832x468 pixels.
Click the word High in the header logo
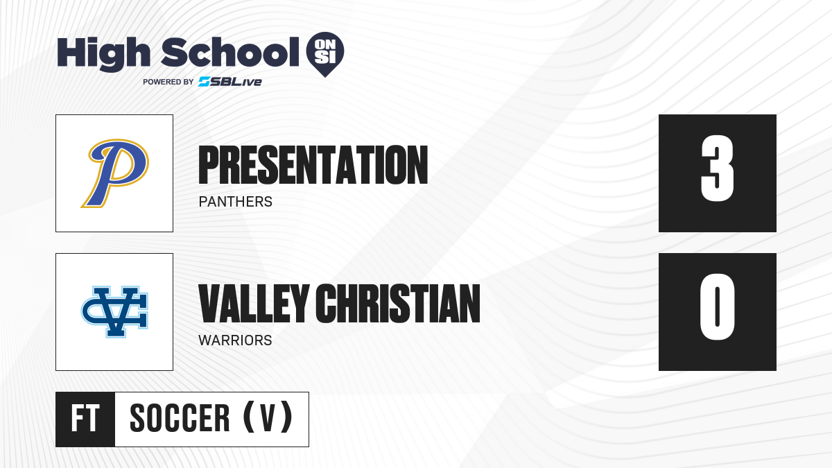[x=103, y=54]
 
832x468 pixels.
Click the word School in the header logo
[x=230, y=52]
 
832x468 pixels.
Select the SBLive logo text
[x=230, y=82]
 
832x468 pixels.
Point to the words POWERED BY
[x=168, y=82]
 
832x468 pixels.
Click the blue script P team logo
[x=115, y=173]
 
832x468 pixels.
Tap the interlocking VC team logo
[x=115, y=312]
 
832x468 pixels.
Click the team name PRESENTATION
[x=313, y=165]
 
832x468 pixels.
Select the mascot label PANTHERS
[x=236, y=202]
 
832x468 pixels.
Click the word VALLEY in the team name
[x=254, y=304]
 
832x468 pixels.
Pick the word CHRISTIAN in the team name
[x=398, y=304]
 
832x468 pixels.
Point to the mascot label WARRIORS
[x=235, y=340]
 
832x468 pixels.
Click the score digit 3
[x=717, y=168]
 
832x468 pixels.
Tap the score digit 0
[x=717, y=307]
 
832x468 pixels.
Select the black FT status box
[x=85, y=419]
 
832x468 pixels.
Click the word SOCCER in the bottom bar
[x=180, y=418]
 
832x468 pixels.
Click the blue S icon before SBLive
[x=205, y=82]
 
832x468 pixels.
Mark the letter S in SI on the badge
[x=320, y=58]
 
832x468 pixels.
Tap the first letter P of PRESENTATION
[x=209, y=165]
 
